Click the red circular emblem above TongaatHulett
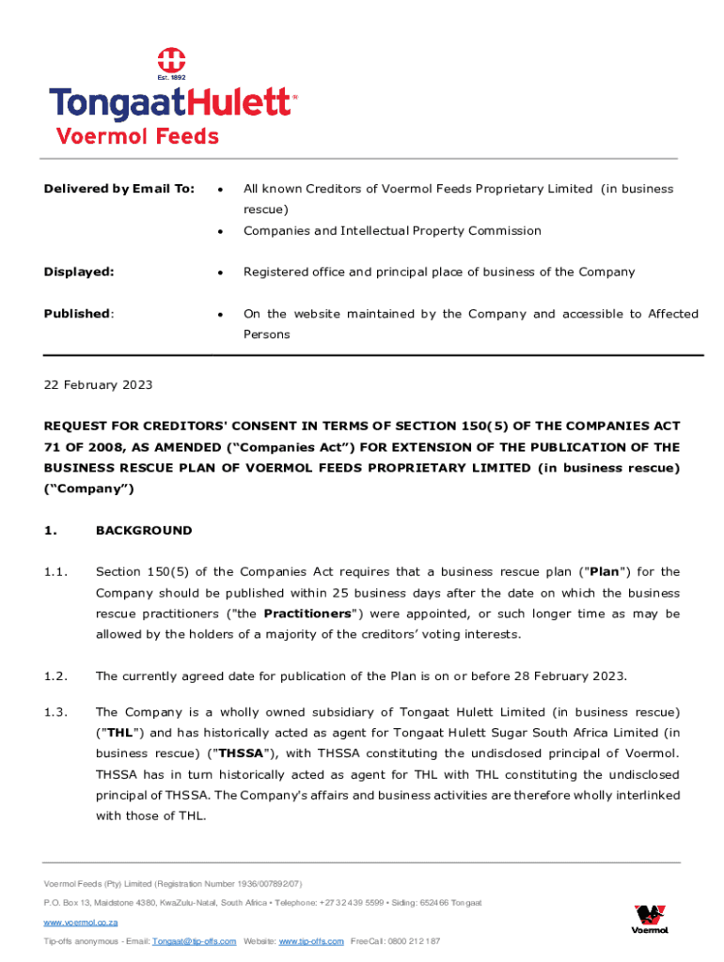[x=169, y=60]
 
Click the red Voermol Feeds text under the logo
[x=137, y=136]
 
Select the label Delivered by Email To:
[x=118, y=189]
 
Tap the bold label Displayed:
[x=79, y=272]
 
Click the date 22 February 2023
[x=98, y=385]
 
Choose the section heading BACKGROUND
[x=144, y=531]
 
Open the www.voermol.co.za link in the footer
[x=81, y=923]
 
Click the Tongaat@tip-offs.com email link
[x=194, y=941]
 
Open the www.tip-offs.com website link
[x=313, y=941]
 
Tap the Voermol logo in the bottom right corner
[x=651, y=919]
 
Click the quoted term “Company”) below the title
[x=89, y=489]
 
